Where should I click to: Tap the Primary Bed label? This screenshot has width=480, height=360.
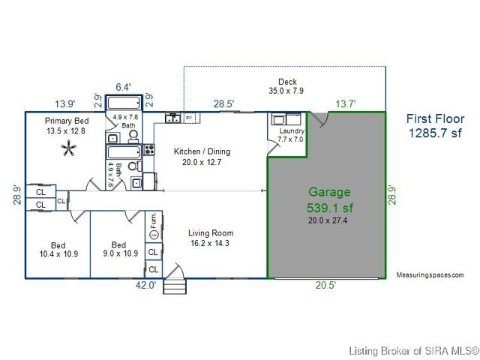[x=67, y=121]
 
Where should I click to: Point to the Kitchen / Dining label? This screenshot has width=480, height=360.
[x=202, y=151]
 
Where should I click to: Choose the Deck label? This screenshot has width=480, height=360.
[x=288, y=82]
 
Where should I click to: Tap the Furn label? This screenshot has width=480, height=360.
[x=154, y=220]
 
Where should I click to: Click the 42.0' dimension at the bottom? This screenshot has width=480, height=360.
[x=145, y=284]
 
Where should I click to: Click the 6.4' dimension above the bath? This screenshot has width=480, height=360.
[x=123, y=86]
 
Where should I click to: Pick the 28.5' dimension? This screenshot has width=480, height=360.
[x=223, y=104]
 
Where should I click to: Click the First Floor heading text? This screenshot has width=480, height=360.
[x=435, y=118]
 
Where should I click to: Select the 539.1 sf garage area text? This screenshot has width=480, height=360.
[x=328, y=206]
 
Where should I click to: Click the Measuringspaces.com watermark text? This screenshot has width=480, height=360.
[x=430, y=275]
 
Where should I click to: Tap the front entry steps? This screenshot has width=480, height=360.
[x=174, y=286]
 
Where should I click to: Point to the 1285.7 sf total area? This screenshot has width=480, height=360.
[x=435, y=133]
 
